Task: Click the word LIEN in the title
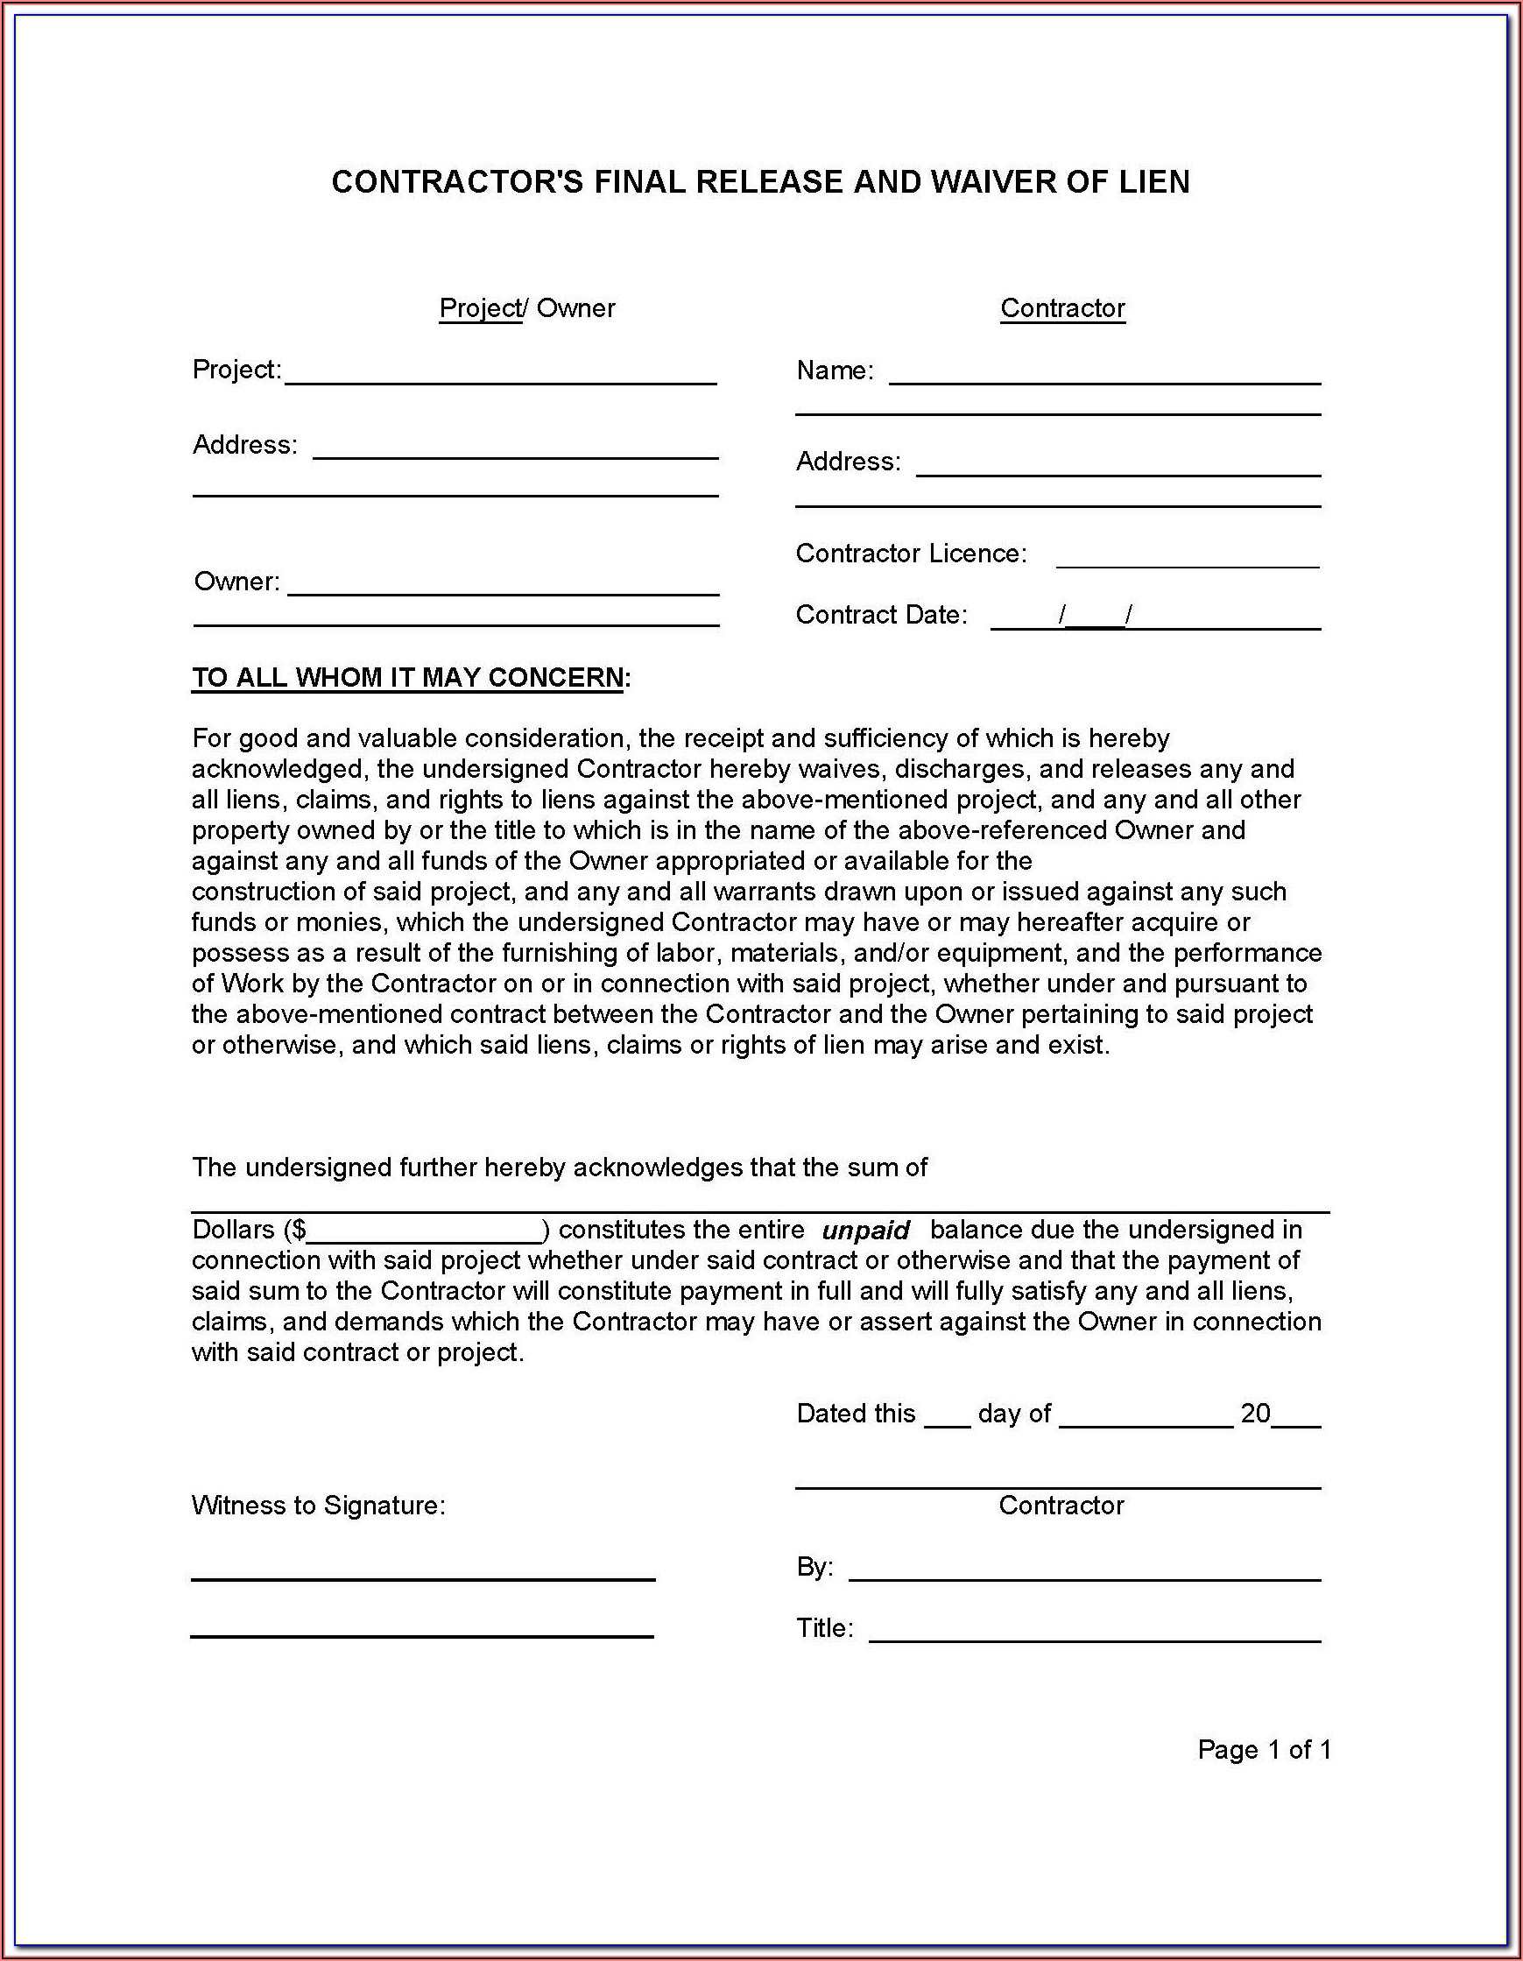pos(1154,182)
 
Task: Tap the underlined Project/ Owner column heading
pos(526,308)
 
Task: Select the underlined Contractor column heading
pos(1062,308)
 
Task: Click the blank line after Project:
pos(500,377)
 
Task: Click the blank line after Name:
pos(1104,377)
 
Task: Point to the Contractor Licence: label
pos(911,554)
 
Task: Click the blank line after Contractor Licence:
pos(1188,561)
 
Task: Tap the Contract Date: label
pos(881,615)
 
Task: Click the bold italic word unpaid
pos(865,1231)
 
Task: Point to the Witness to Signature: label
pos(318,1506)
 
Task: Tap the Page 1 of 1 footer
pos(1264,1750)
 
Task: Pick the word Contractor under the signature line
pos(1061,1506)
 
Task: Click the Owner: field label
pos(237,582)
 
